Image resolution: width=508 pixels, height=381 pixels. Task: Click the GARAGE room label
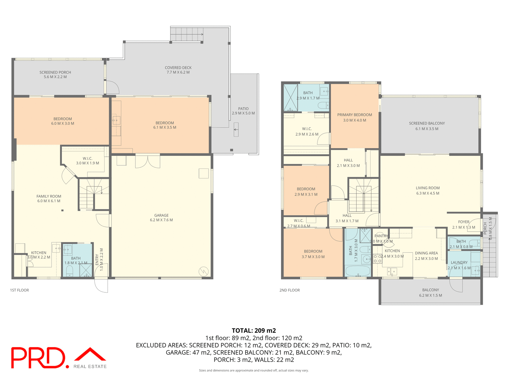coord(161,215)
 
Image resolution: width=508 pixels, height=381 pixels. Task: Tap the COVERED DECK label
coord(178,68)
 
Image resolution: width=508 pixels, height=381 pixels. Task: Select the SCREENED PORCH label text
coord(55,72)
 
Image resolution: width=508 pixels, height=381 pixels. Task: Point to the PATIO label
coord(243,109)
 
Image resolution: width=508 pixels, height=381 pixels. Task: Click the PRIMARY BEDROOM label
coord(355,115)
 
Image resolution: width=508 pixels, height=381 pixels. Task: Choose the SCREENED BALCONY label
coord(427,123)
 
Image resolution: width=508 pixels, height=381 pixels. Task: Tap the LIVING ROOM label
coord(428,188)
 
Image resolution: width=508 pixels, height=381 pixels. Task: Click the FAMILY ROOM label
coord(49,196)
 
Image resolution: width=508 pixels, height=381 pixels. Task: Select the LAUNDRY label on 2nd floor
coord(459,262)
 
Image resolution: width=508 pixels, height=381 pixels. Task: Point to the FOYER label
coord(464,222)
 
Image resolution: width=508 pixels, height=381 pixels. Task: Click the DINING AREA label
coord(426,253)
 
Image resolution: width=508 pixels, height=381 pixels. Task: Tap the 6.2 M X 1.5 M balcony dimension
coord(430,296)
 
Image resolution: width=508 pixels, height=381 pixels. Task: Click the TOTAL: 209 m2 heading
coord(254,330)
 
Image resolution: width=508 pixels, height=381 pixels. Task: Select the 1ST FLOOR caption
coord(19,290)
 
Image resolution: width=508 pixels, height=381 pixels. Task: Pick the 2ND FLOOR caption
coord(289,290)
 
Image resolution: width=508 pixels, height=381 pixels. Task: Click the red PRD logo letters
coord(38,358)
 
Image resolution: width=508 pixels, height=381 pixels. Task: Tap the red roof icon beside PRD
coord(90,355)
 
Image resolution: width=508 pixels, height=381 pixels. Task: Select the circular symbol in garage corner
coord(203,271)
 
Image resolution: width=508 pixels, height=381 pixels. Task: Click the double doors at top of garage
coord(148,161)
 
